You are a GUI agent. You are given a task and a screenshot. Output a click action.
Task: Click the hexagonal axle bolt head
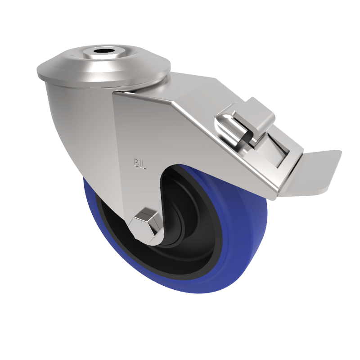[x=145, y=223]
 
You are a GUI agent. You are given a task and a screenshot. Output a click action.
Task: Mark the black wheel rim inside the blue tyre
[x=211, y=252]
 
